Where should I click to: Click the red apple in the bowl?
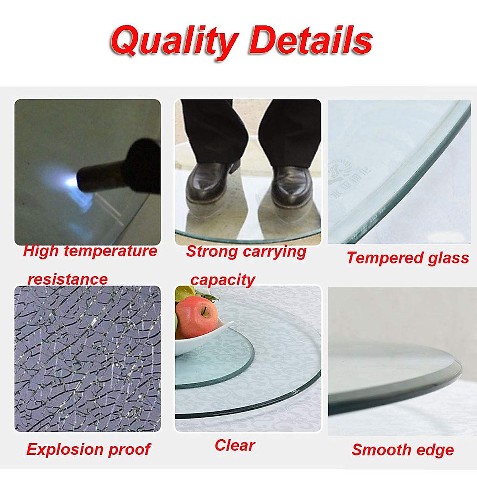coord(197,316)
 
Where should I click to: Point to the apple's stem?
coord(204,310)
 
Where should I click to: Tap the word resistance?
coord(68,279)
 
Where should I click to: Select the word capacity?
coord(223,280)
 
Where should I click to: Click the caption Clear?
coord(235,446)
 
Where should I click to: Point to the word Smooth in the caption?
coord(381,450)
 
